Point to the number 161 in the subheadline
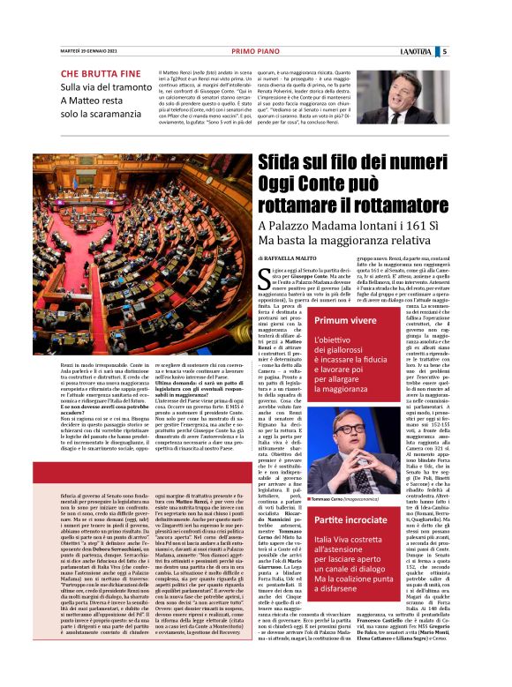(x=423, y=226)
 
